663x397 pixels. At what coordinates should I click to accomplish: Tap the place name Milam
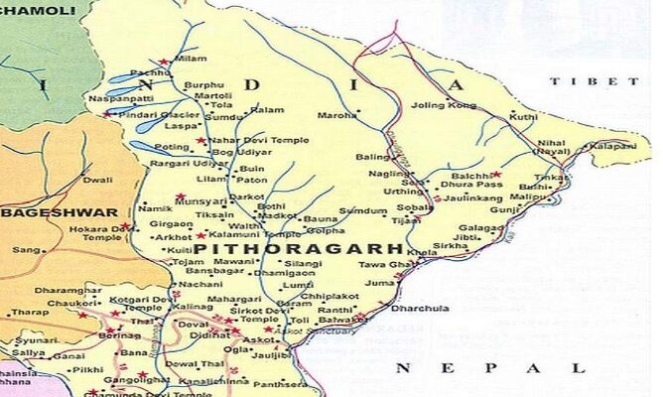[191, 60]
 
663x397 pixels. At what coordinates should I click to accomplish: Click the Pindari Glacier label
[150, 115]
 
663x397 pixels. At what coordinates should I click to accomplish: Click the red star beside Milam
[164, 62]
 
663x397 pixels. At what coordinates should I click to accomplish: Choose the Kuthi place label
[523, 117]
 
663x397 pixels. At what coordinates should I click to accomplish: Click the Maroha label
[336, 115]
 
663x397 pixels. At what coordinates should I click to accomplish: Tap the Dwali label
[97, 181]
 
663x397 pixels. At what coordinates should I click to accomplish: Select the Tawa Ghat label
[380, 265]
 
